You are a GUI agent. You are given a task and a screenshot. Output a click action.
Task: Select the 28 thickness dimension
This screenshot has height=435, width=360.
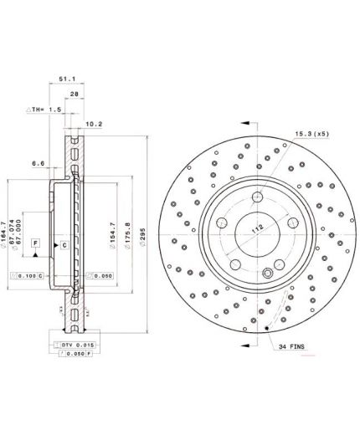point(75,95)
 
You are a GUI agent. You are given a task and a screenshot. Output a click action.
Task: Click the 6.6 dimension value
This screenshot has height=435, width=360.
point(39,165)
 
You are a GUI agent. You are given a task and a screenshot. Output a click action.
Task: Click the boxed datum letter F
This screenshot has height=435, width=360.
point(36,243)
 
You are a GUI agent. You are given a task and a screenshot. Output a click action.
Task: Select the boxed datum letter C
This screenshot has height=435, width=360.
point(63,244)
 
